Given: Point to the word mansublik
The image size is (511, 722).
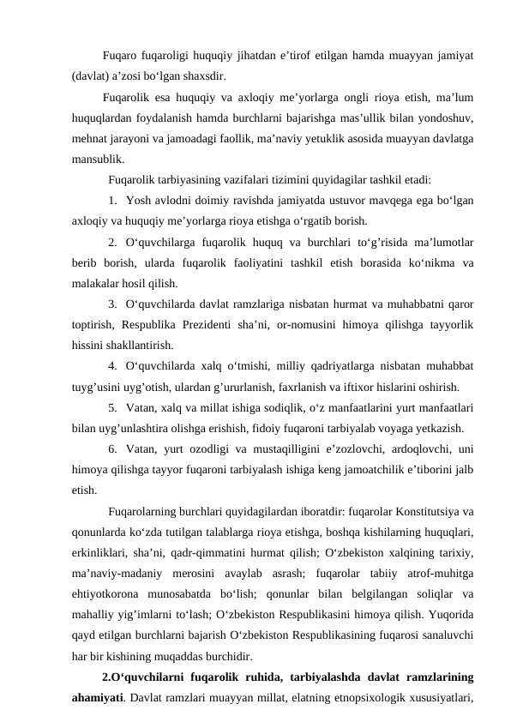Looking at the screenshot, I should (98, 158).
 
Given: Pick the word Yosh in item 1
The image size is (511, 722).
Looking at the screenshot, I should (138, 201).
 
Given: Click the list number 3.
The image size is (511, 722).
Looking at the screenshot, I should (113, 304).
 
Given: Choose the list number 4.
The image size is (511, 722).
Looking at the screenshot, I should (113, 366).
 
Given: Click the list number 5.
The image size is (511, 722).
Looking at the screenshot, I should (113, 407).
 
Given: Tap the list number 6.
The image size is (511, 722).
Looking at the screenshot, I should (113, 448).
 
